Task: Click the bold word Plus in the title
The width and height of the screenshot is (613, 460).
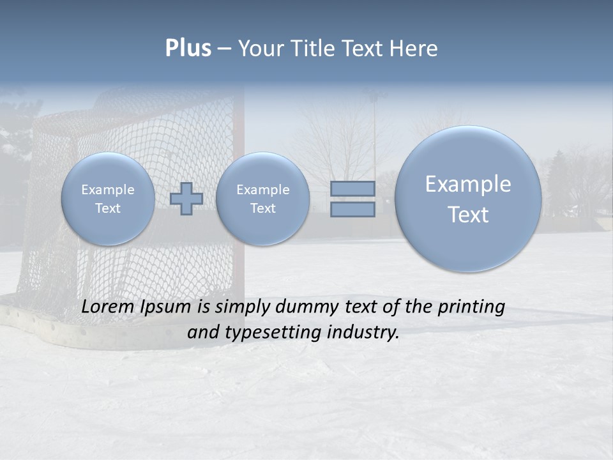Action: pos(188,49)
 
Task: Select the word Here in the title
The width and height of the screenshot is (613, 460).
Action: pos(416,49)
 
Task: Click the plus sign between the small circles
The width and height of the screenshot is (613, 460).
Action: pos(186,199)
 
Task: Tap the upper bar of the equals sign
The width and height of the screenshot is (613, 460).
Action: pos(352,188)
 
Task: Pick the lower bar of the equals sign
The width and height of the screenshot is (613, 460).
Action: pos(352,210)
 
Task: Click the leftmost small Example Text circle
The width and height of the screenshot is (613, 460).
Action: pos(108,199)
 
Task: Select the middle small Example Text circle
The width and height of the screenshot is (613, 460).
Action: pos(262,199)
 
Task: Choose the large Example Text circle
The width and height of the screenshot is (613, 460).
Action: pos(468,199)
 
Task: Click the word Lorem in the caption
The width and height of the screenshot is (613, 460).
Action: pos(105,307)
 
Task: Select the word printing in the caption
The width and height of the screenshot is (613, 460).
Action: pos(472,307)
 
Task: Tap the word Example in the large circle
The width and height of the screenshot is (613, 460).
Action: pos(468,184)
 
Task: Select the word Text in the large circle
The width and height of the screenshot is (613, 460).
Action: pos(468,215)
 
